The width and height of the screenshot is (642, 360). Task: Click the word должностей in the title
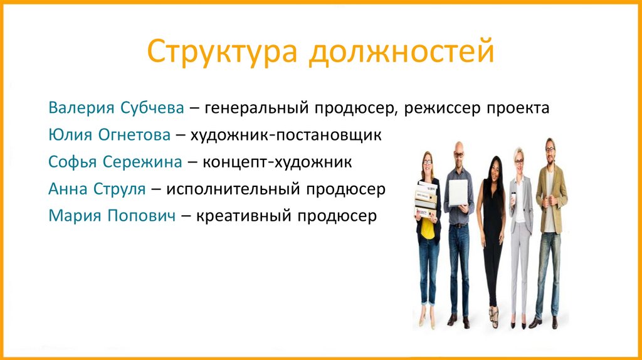tap(401, 53)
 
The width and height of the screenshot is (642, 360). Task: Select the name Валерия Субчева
tap(116, 109)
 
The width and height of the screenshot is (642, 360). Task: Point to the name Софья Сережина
tap(115, 162)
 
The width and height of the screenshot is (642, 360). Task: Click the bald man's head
tap(459, 151)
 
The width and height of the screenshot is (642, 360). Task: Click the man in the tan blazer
tap(549, 226)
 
